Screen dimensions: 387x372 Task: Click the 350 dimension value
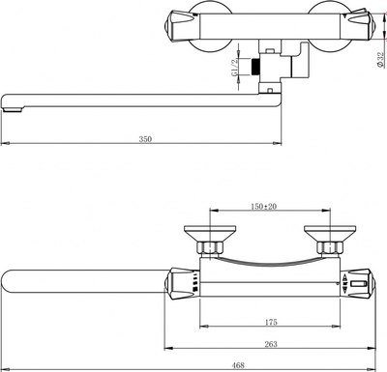(x=145, y=139)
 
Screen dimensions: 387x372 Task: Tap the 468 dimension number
(x=238, y=365)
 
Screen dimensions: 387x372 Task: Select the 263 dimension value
(x=271, y=344)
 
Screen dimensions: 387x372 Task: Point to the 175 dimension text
(x=271, y=322)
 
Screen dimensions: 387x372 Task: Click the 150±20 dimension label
(x=263, y=207)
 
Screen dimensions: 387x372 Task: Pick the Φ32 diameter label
(x=380, y=60)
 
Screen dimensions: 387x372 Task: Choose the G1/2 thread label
(x=235, y=67)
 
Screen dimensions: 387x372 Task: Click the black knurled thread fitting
(x=255, y=67)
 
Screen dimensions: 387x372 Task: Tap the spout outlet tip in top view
(x=13, y=110)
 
